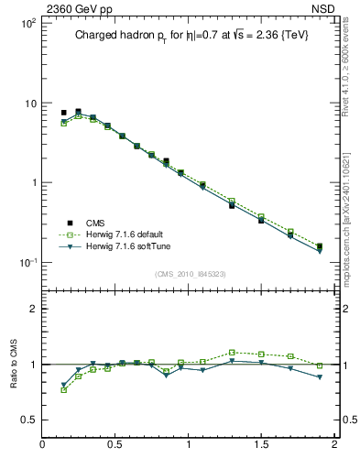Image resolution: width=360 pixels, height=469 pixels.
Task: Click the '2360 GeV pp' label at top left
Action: pyautogui.click(x=74, y=9)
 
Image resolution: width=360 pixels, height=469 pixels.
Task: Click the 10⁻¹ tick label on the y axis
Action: pyautogui.click(x=27, y=263)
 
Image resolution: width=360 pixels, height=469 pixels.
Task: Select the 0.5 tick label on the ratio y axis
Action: pyautogui.click(x=27, y=420)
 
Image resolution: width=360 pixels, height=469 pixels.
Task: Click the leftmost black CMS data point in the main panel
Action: pyautogui.click(x=63, y=113)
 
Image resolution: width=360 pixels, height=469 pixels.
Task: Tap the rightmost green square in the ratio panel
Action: pyautogui.click(x=320, y=365)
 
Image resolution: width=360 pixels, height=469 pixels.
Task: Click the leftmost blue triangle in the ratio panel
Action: pyautogui.click(x=63, y=385)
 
